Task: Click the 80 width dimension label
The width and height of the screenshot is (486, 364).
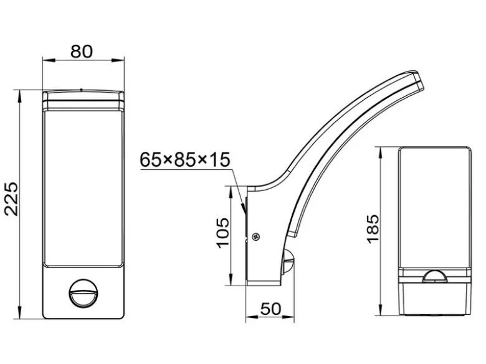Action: tap(82, 52)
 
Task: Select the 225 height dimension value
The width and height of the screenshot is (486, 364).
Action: tap(11, 198)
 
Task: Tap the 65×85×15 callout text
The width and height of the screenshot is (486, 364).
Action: tap(185, 160)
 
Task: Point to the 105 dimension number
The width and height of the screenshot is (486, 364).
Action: tap(222, 233)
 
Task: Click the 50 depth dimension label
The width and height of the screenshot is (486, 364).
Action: tap(270, 309)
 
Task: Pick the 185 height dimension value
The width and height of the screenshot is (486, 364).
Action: tap(373, 229)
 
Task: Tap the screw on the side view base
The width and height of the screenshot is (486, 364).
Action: tap(255, 237)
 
